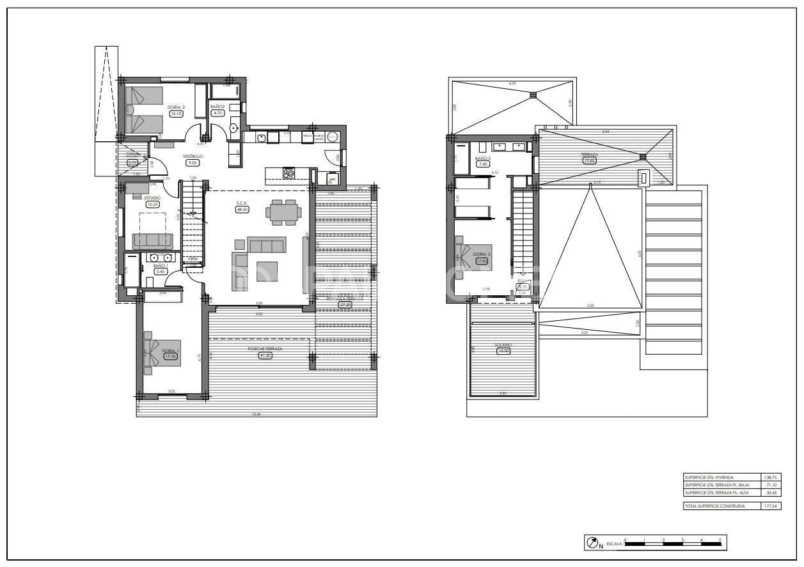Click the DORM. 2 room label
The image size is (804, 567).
pos(176,107)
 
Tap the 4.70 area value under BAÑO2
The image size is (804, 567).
pos(217,114)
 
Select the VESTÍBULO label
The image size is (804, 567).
pos(193,156)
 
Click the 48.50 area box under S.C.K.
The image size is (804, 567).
pos(242,209)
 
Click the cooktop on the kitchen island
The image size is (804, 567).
pos(289,172)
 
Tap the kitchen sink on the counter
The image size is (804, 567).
pos(262,137)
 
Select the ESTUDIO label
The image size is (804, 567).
pos(152,198)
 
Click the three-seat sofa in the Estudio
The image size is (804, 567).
pos(152,240)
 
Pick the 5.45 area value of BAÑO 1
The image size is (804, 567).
pos(160,272)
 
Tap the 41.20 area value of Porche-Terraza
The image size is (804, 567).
pos(265,355)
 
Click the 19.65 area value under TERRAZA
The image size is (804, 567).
pos(589,160)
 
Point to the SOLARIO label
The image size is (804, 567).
pos(503,345)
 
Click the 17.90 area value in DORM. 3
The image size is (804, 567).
pos(481,261)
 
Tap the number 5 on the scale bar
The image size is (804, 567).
pos(720,540)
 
